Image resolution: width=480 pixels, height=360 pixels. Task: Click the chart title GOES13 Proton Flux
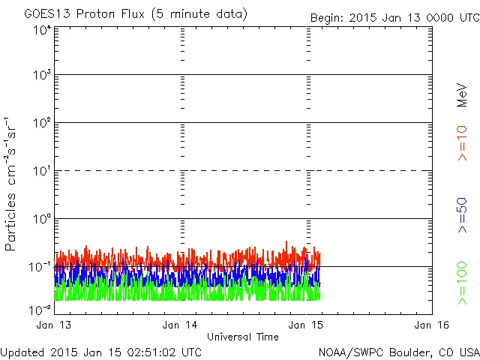(x=135, y=14)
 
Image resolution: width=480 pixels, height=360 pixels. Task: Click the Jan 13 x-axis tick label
(x=54, y=325)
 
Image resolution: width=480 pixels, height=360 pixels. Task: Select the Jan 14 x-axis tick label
(x=180, y=325)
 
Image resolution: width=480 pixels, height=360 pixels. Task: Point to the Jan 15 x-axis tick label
(x=306, y=325)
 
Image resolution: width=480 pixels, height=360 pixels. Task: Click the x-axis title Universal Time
(x=243, y=337)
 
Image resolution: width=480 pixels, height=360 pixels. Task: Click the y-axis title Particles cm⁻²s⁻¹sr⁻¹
(x=11, y=183)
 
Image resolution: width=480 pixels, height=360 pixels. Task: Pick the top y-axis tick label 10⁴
(x=42, y=30)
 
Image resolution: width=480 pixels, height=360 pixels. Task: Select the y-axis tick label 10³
(x=42, y=76)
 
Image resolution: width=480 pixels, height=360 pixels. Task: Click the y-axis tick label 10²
(x=42, y=124)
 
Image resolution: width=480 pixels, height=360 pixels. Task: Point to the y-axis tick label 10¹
(x=42, y=172)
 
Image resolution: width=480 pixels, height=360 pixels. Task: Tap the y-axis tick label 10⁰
(x=42, y=220)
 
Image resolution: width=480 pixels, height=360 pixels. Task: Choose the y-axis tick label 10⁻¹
(x=40, y=268)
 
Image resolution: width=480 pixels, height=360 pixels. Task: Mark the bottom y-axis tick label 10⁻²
(x=40, y=309)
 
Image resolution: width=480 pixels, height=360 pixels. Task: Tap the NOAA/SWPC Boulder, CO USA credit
(x=398, y=351)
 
